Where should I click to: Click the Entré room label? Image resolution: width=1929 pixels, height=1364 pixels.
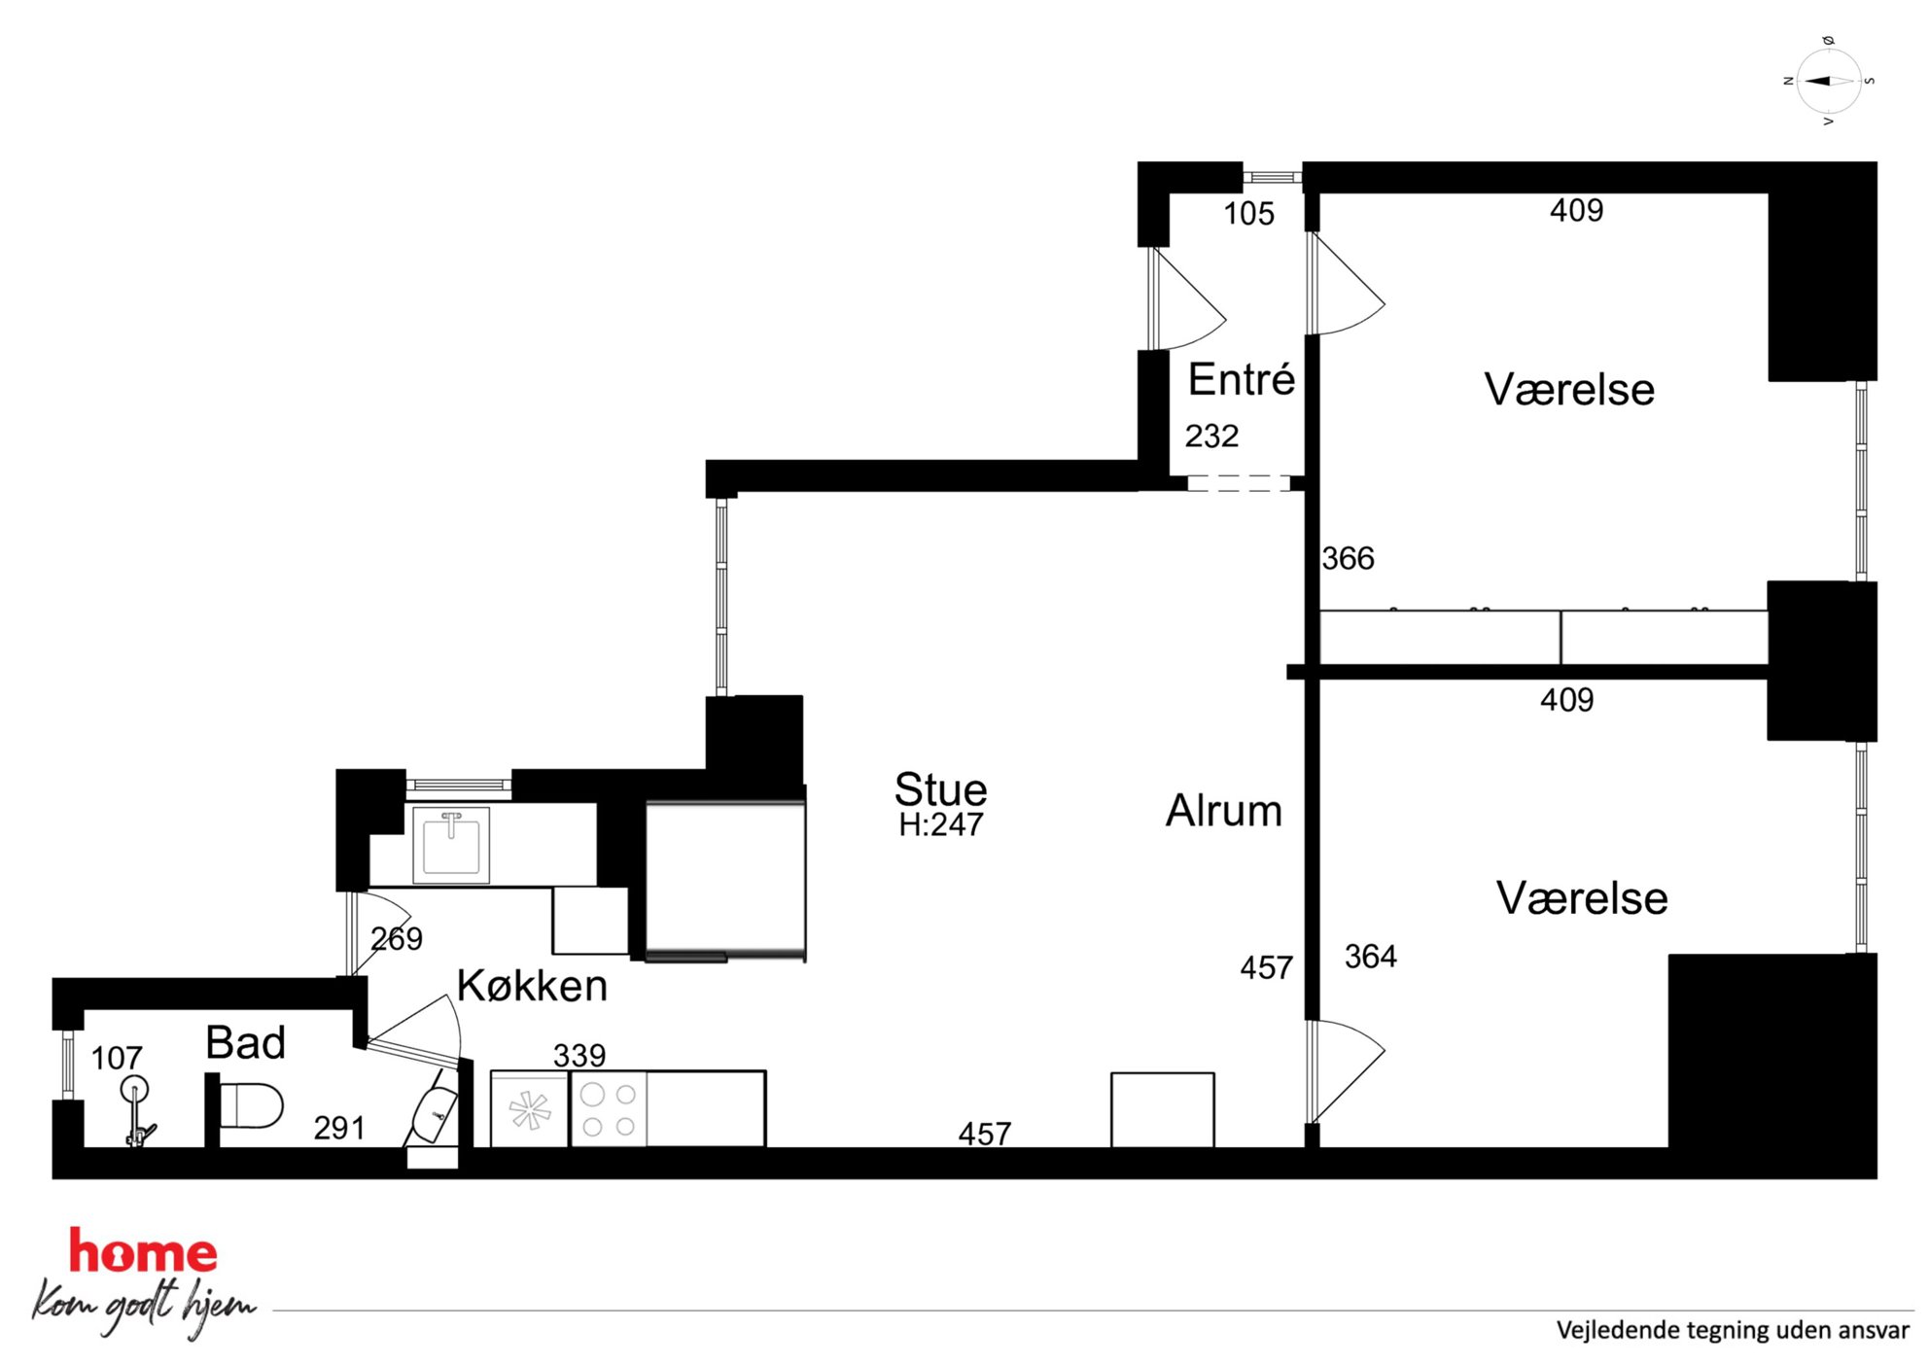pos(1242,379)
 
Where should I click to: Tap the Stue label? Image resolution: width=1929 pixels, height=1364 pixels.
pos(940,788)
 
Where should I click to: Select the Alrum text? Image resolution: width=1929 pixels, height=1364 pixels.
pos(1224,811)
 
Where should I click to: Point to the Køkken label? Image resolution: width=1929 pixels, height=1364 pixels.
pos(533,986)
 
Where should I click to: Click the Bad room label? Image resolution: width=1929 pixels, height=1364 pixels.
pos(246,1043)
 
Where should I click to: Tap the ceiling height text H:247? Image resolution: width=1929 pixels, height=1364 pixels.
pos(941,824)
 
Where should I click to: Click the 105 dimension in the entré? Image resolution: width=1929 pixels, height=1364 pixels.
pos(1248,214)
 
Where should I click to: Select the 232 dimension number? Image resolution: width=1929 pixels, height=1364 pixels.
pos(1211,436)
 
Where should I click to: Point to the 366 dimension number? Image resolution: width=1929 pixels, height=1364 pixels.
pos(1348,558)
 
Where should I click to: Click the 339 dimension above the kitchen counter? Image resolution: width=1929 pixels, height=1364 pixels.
pos(579,1055)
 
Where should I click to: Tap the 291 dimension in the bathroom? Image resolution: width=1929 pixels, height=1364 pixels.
pos(339,1128)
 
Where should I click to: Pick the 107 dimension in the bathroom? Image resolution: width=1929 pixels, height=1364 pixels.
pos(117,1058)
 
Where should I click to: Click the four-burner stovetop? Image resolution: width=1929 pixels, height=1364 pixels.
pos(609,1109)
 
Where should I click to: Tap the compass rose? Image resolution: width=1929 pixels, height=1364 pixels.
pos(1829,82)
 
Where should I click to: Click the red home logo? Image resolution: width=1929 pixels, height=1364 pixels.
pos(143,1252)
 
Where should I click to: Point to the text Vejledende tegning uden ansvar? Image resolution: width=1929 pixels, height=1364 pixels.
pos(1733,1330)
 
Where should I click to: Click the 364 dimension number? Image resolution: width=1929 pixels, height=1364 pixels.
pos(1371,957)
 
